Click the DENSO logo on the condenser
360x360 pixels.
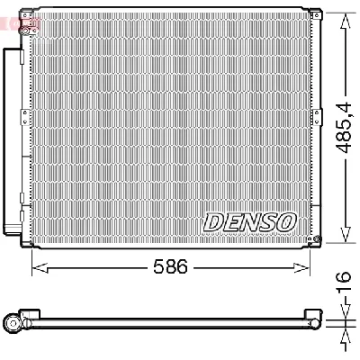pos(249,220)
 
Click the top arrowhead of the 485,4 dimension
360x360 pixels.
pos(343,19)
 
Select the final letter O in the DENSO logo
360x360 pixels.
pos(286,220)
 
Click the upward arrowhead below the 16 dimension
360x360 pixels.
pos(343,335)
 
